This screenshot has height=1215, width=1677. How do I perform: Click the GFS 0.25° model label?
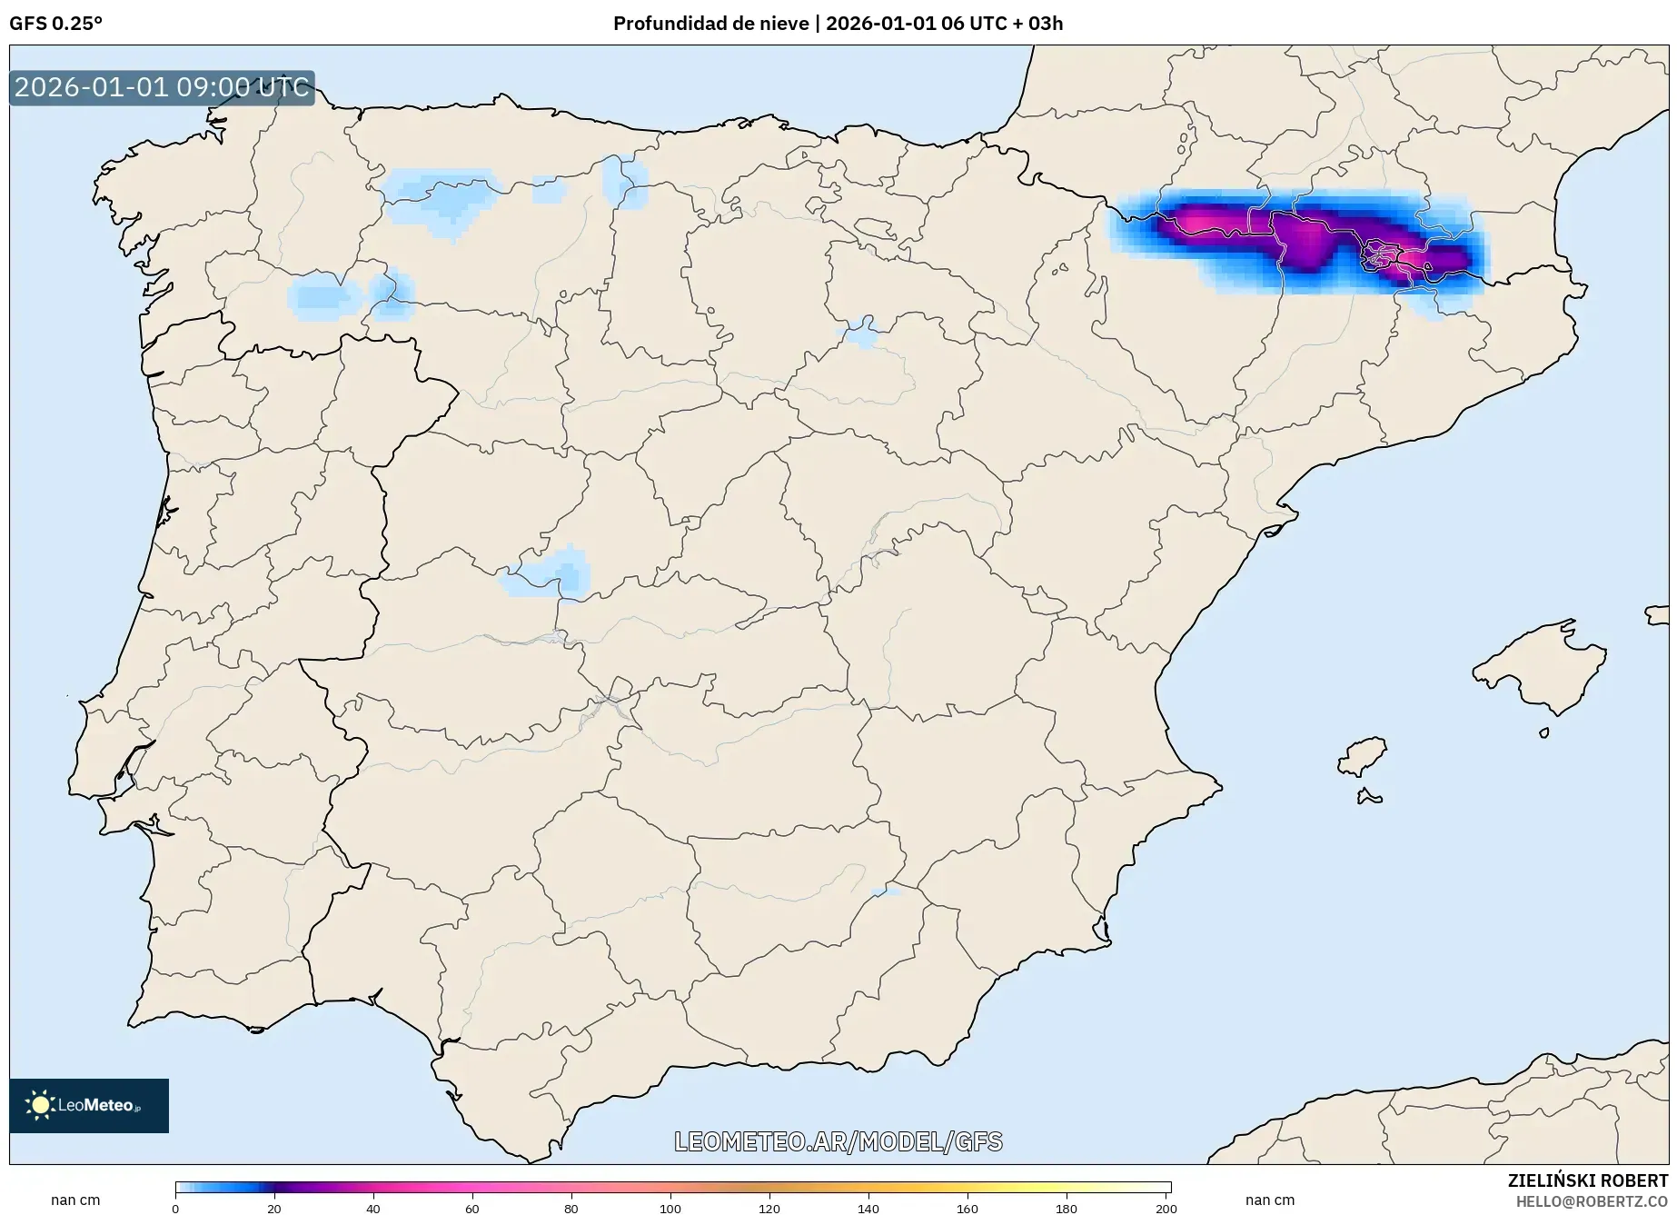click(x=55, y=24)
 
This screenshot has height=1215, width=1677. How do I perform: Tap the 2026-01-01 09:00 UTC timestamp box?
click(x=162, y=88)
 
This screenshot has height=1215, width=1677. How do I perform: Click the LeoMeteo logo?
click(x=89, y=1105)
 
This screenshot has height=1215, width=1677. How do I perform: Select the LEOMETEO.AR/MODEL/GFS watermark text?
click(x=838, y=1141)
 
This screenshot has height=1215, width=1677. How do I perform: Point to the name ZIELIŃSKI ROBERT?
click(x=1587, y=1180)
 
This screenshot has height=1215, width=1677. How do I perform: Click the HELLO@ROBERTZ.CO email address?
click(x=1591, y=1201)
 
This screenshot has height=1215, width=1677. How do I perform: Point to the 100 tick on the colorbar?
click(x=670, y=1209)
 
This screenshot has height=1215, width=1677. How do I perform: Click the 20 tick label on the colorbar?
click(x=274, y=1209)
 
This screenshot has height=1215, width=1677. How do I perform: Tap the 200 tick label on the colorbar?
click(x=1166, y=1209)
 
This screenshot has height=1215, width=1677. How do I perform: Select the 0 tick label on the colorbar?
click(x=175, y=1209)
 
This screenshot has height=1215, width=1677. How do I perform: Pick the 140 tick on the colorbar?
click(x=868, y=1209)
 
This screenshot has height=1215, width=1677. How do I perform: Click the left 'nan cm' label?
click(x=75, y=1200)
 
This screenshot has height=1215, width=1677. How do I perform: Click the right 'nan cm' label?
click(x=1269, y=1200)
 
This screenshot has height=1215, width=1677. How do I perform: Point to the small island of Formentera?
click(x=1368, y=798)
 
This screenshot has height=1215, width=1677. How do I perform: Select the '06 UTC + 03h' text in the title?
click(x=1003, y=24)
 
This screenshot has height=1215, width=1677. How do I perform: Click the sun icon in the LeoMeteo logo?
click(x=40, y=1105)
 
